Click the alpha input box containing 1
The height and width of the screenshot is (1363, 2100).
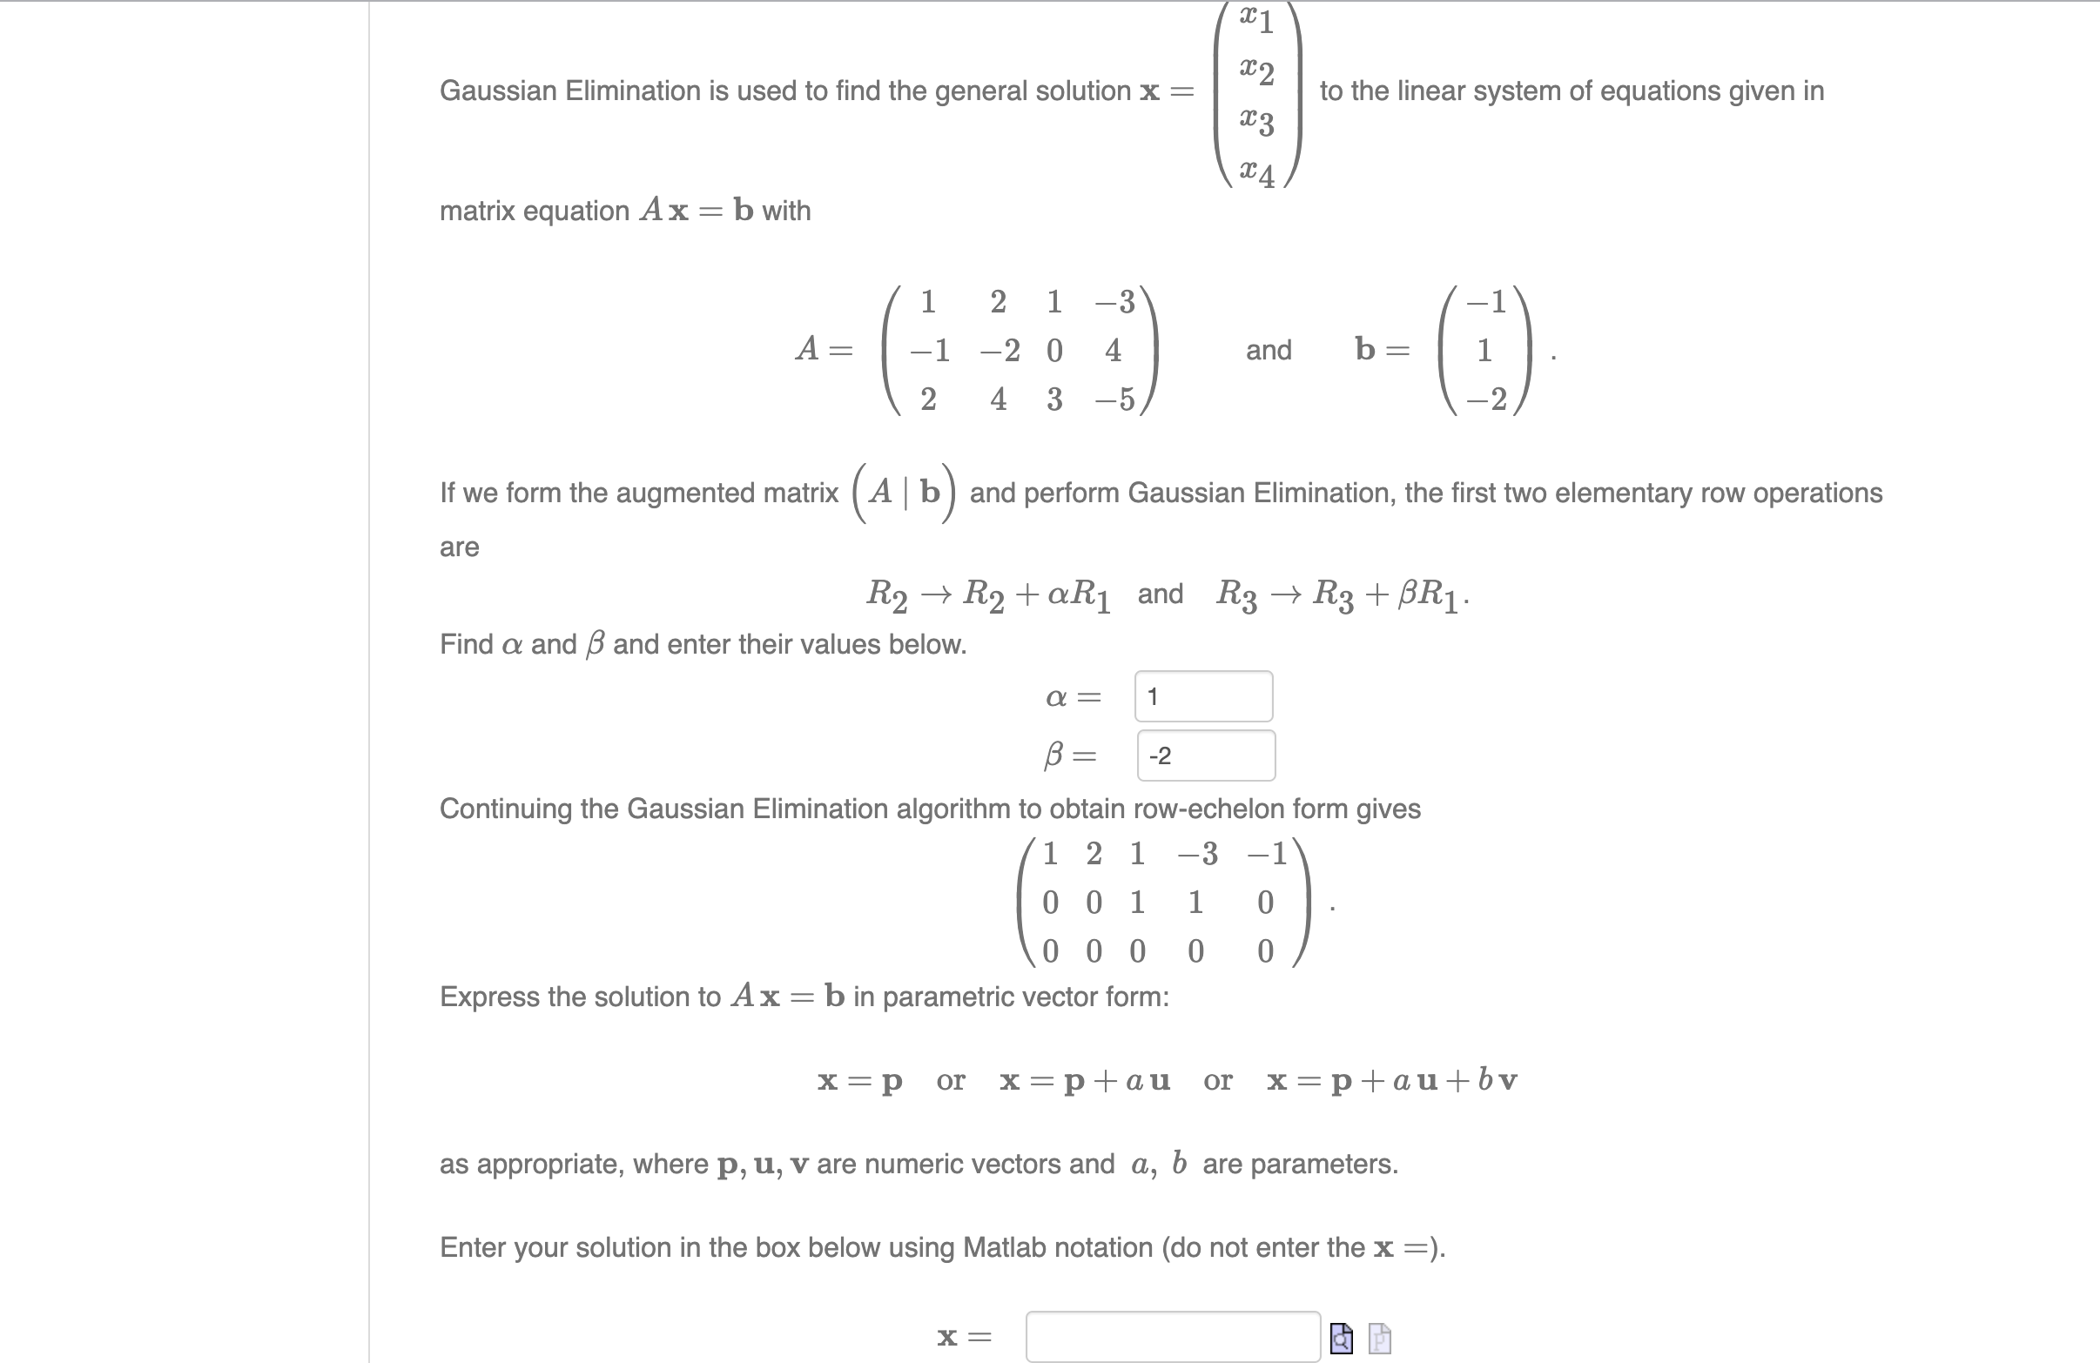coord(1202,697)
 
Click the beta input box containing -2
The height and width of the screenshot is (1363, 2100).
coord(1205,756)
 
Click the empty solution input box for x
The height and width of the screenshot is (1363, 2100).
coord(1172,1338)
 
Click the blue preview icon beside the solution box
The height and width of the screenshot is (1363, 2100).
coord(1341,1339)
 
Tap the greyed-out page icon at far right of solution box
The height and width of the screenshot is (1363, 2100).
coord(1380,1339)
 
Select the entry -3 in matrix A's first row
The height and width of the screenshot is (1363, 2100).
coord(1114,302)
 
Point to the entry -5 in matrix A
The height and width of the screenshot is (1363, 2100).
coord(1114,399)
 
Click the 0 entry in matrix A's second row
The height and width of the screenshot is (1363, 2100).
coord(1054,351)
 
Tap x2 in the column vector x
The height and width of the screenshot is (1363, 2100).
coord(1256,70)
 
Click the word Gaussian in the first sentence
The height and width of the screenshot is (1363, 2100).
coord(499,91)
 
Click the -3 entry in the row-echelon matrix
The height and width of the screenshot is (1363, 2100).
coord(1197,854)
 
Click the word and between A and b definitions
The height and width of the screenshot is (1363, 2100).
coord(1268,350)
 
